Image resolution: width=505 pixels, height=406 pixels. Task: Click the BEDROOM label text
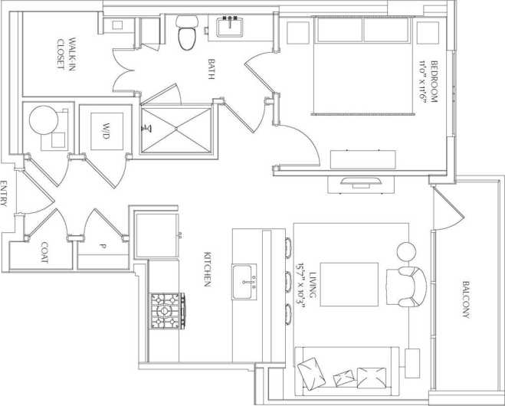pos(434,81)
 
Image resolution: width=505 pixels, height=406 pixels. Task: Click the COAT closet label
pos(43,254)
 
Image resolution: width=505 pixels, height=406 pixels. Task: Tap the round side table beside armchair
pos(405,250)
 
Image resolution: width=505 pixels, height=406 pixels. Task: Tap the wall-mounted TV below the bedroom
pos(358,182)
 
